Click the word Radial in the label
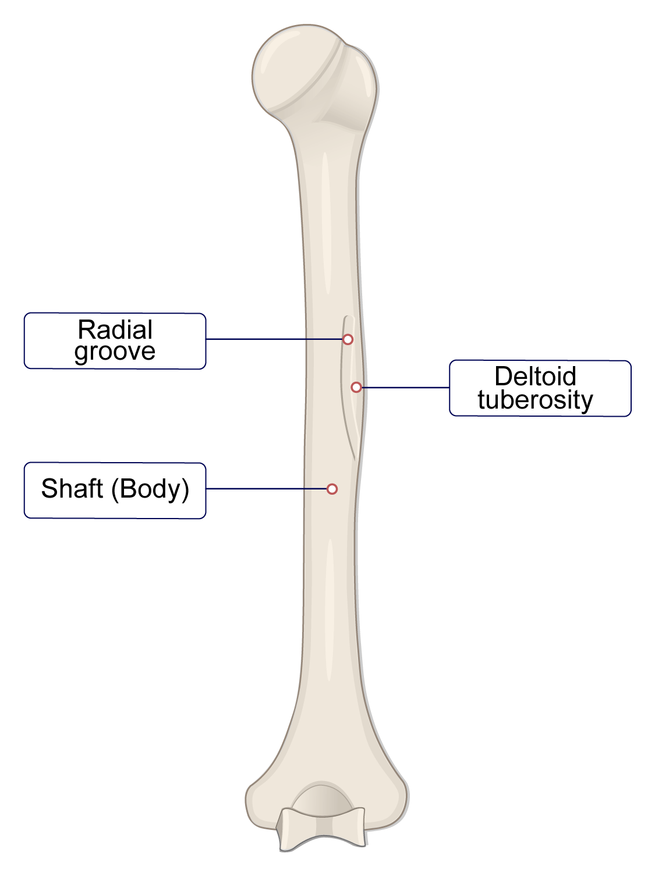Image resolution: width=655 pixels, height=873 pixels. coord(115,330)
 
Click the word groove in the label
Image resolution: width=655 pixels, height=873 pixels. coord(115,352)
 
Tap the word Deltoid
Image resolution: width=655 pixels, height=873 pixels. coord(535,377)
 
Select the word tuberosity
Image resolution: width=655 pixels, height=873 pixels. coord(535,400)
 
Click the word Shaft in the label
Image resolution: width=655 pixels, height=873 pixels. coord(72,488)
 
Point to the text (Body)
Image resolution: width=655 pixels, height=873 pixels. coord(151,489)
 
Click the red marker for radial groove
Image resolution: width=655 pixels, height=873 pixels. coord(348,339)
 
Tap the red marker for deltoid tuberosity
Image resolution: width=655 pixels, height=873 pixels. coord(356,387)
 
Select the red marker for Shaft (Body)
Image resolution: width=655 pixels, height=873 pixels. coord(332,489)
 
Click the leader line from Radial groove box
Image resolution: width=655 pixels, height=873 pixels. coord(274,339)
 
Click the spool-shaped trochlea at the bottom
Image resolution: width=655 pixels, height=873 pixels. coord(322,829)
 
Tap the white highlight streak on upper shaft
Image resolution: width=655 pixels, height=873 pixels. coord(326,221)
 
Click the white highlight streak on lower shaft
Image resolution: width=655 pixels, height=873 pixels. coord(330,611)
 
